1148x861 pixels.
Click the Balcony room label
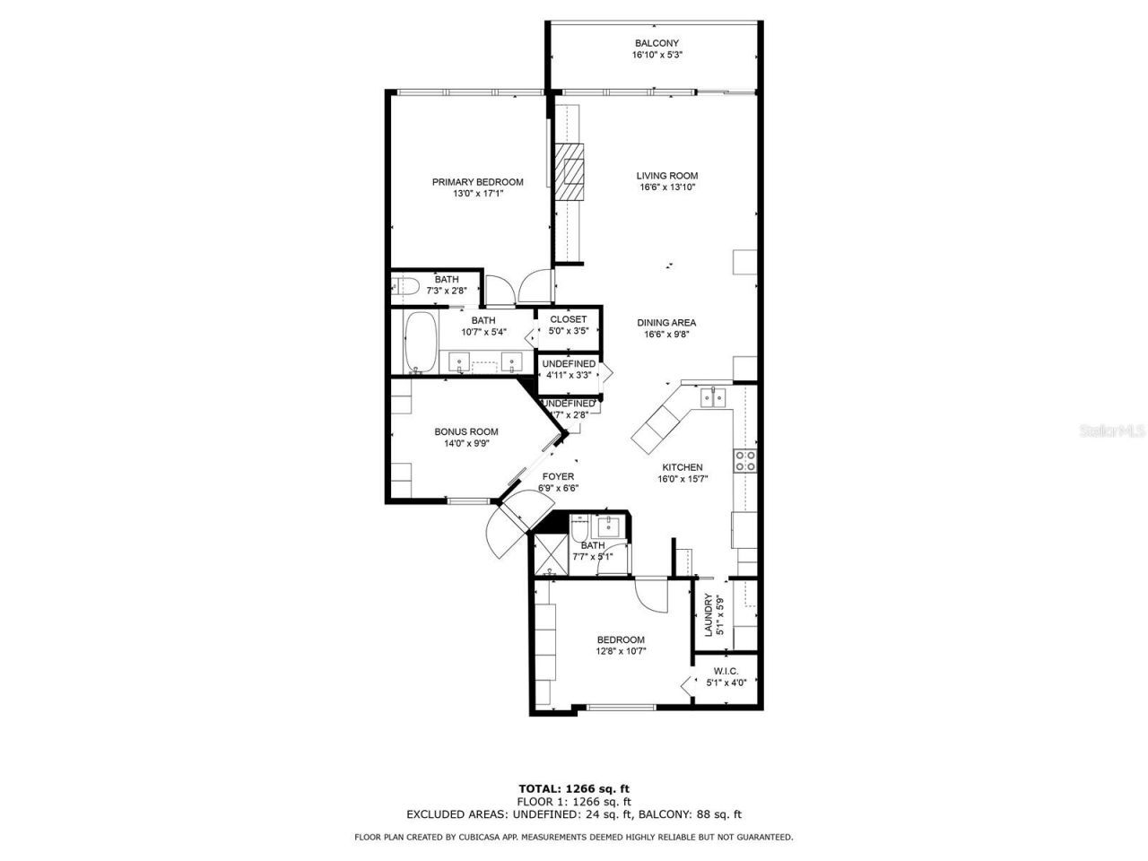[x=657, y=43]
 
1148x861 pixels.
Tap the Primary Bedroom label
[x=477, y=182]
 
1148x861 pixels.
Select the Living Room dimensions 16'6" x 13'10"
[x=667, y=187]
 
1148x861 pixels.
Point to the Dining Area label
[x=666, y=323]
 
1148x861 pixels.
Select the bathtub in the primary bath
[x=420, y=342]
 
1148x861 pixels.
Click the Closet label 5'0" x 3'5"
[x=568, y=319]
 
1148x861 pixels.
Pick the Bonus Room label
[x=465, y=431]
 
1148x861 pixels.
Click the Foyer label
[x=558, y=476]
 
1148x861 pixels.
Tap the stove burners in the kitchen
[x=744, y=461]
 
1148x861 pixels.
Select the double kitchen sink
[x=713, y=397]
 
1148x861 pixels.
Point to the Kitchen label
[x=682, y=467]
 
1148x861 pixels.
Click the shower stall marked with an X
[x=548, y=553]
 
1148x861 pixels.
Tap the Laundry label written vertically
[x=708, y=614]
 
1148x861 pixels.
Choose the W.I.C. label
[x=726, y=671]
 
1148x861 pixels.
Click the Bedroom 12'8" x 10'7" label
[x=621, y=639]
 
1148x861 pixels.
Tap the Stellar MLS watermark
[x=1112, y=431]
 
